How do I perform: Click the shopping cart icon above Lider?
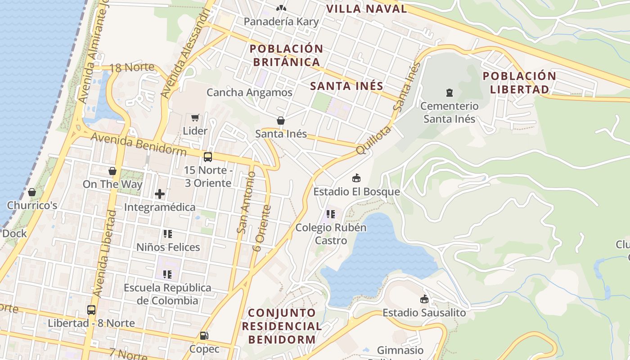(195, 118)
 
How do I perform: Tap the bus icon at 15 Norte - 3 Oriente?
(207, 157)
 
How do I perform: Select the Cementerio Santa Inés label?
(449, 112)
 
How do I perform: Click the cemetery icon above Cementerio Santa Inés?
(449, 93)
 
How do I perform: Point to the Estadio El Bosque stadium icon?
(356, 178)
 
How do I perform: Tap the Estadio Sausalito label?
(424, 312)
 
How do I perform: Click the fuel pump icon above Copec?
(204, 336)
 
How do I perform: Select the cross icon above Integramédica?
(159, 194)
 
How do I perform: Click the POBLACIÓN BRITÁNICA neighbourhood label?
(286, 55)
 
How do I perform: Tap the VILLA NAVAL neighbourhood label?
(366, 9)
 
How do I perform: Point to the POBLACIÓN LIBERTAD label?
(519, 82)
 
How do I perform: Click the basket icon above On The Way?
(112, 171)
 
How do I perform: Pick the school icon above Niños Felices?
(168, 234)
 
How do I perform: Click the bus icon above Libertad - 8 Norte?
(91, 310)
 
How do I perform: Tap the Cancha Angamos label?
(249, 93)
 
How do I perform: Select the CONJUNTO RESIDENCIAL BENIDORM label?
(282, 326)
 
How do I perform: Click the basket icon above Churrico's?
(32, 193)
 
